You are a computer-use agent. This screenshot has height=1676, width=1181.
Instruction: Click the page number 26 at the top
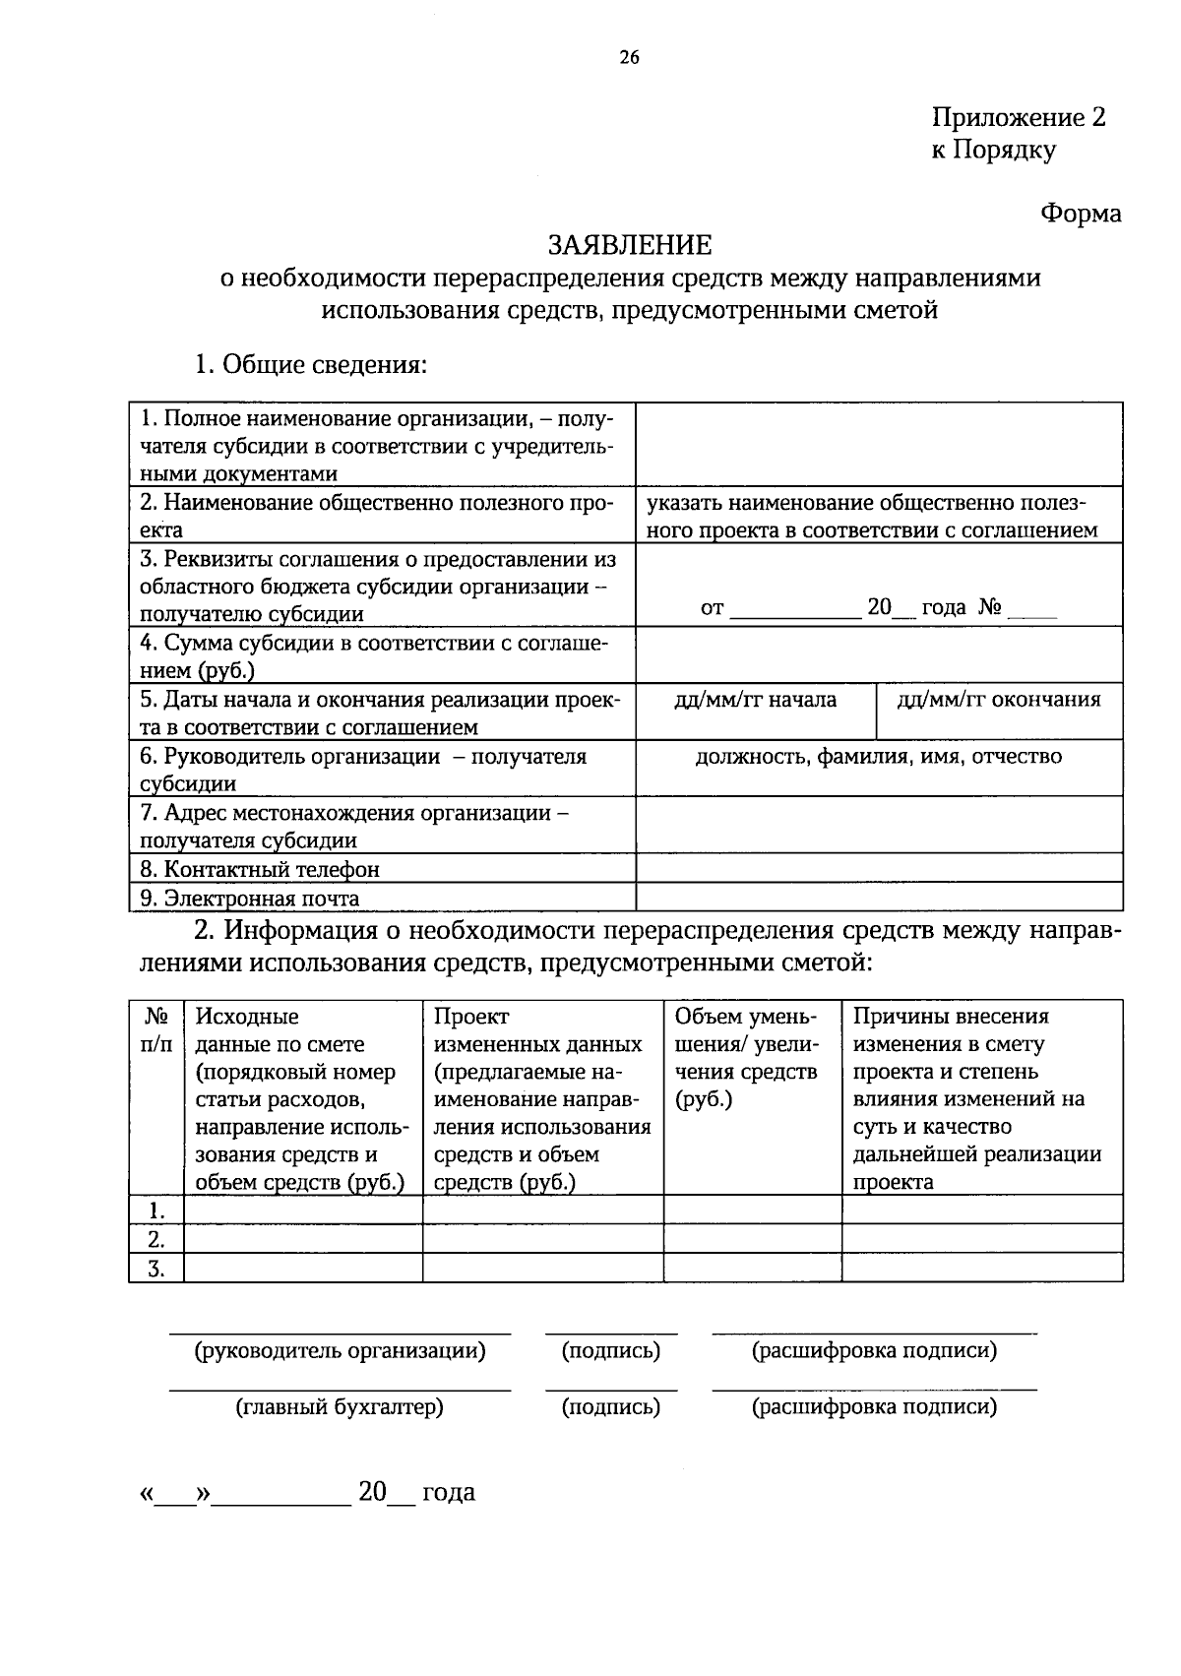click(x=630, y=58)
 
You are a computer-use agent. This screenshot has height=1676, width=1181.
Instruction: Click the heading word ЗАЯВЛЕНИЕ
click(x=630, y=244)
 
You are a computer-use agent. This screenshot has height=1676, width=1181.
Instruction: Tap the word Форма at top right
click(x=1081, y=214)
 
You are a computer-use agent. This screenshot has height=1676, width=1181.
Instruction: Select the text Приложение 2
click(x=1019, y=118)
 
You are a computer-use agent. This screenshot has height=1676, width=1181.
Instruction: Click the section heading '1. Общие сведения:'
click(x=310, y=365)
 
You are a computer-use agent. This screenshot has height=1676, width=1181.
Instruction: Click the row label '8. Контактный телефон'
click(x=260, y=869)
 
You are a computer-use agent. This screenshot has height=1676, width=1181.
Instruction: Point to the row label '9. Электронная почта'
click(x=250, y=898)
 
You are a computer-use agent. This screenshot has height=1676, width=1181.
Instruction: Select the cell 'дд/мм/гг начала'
click(x=755, y=700)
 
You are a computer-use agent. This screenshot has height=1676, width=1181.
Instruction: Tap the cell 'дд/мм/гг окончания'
click(x=998, y=700)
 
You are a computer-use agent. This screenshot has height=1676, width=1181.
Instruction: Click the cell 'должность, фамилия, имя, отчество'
click(x=878, y=757)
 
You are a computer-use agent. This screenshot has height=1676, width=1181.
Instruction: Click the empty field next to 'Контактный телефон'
click(x=878, y=868)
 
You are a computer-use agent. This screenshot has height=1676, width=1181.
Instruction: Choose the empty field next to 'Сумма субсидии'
click(x=878, y=655)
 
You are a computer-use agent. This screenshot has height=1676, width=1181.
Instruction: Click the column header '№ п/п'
click(x=156, y=1029)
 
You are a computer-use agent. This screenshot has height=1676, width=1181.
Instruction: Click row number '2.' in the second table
click(x=155, y=1238)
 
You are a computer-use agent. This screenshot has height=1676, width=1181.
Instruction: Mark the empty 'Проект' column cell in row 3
click(x=542, y=1268)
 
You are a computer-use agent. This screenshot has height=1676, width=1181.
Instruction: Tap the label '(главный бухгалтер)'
click(x=340, y=1407)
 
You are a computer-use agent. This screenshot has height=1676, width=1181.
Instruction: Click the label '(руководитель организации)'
click(x=340, y=1351)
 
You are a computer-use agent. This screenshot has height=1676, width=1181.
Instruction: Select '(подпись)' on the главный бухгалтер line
click(x=610, y=1407)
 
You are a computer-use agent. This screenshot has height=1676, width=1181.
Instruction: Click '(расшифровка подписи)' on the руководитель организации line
click(x=874, y=1351)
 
